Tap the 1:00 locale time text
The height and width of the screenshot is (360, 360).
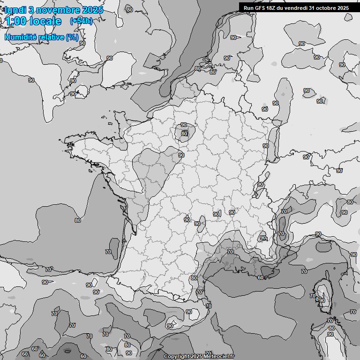point(33,21)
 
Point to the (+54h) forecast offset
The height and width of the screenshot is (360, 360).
point(81,21)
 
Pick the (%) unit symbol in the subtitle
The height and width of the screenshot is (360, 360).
point(72,37)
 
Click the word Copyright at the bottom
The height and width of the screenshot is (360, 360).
point(176,356)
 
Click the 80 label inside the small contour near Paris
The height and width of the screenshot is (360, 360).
point(184,134)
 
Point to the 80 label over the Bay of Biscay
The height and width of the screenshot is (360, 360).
point(78,220)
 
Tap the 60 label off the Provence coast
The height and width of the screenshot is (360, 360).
point(261,277)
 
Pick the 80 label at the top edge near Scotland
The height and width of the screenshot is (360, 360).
point(130,10)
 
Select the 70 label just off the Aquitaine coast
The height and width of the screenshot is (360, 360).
point(108,252)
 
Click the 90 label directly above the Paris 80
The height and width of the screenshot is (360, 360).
point(184,125)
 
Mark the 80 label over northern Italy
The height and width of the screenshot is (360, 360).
point(350,202)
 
